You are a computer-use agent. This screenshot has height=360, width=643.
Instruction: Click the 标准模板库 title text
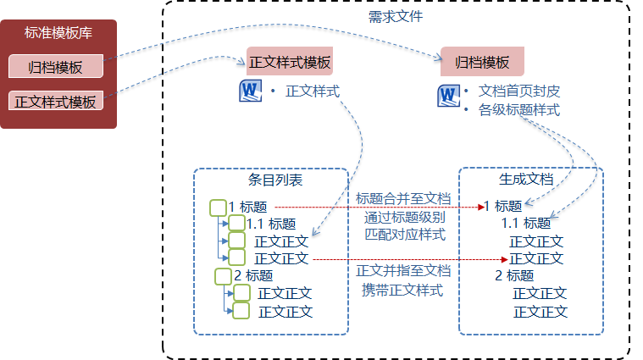point(58,35)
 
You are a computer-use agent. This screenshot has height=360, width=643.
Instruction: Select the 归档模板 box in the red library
point(55,67)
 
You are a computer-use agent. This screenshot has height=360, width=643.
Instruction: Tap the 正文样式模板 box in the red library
point(55,101)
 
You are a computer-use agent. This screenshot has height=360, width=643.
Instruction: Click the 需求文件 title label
point(396,16)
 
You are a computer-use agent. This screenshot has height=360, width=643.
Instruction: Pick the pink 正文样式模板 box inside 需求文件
point(289,62)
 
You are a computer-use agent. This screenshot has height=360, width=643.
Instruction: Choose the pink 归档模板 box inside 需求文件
point(482,62)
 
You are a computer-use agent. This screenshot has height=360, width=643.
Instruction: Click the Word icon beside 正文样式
point(252,91)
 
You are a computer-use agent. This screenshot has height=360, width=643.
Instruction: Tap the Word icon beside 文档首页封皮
point(448,95)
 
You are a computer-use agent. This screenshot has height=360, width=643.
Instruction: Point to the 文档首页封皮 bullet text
point(519,91)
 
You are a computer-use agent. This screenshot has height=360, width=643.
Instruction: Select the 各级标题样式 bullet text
point(519,110)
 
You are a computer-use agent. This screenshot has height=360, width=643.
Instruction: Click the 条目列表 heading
point(274,180)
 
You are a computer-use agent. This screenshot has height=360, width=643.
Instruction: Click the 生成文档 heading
point(526,180)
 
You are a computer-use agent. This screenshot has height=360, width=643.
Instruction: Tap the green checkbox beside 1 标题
point(217,207)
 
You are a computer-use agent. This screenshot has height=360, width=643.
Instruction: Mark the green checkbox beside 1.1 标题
point(236,224)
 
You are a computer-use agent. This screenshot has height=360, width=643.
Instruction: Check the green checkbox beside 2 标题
point(223,275)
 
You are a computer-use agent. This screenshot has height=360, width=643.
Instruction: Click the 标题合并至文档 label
point(402,198)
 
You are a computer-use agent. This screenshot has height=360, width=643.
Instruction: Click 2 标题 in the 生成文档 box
point(514,275)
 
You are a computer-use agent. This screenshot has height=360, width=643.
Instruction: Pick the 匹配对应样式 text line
point(402,235)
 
